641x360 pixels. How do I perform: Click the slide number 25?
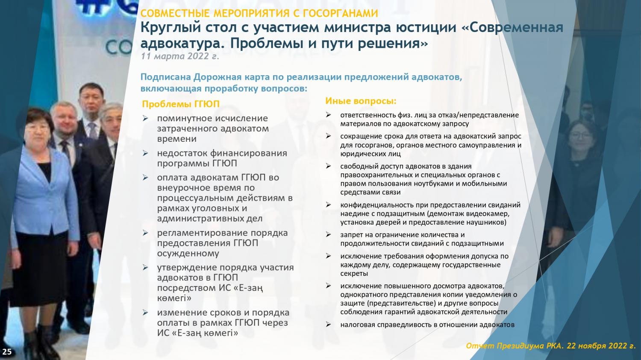[7, 351]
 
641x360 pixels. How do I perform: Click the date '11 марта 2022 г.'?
[180, 56]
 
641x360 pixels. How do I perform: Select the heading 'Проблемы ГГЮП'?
[181, 104]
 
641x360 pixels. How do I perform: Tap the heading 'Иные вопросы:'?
[361, 101]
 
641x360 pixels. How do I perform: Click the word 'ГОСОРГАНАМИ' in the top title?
[341, 13]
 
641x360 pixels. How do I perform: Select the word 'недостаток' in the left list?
[182, 153]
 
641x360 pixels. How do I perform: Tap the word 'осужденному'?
[188, 254]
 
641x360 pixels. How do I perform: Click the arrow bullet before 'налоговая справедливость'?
[328, 325]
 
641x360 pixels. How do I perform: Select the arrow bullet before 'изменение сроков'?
[145, 313]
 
